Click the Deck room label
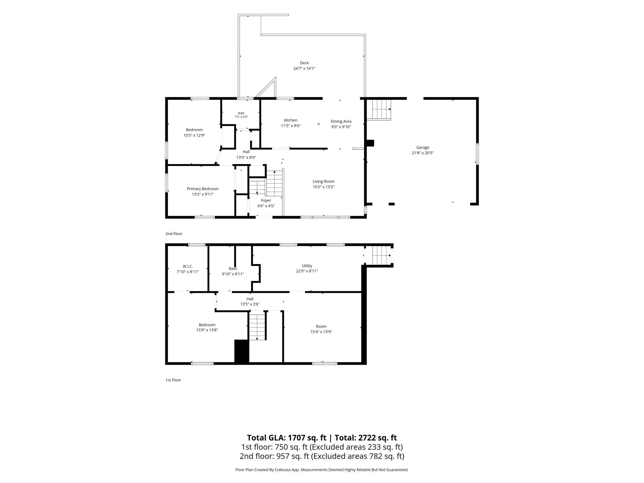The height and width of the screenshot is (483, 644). point(304,63)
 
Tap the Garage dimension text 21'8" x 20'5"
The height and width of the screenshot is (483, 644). point(422,153)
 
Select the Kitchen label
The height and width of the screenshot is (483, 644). point(291,120)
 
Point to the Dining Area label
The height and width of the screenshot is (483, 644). point(341,121)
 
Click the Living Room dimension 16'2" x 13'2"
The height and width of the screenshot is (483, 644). point(324,187)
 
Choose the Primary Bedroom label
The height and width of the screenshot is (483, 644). point(202,189)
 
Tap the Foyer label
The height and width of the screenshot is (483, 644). point(266,201)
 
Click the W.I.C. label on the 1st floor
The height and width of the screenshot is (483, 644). point(188,266)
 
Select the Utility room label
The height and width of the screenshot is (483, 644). point(307,266)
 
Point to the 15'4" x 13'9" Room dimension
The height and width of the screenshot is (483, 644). point(321,332)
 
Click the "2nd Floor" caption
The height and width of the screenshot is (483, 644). point(174,234)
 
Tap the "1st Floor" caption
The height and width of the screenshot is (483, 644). point(173,380)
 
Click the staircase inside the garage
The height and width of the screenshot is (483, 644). point(379,110)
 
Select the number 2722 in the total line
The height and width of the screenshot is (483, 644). point(368,438)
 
